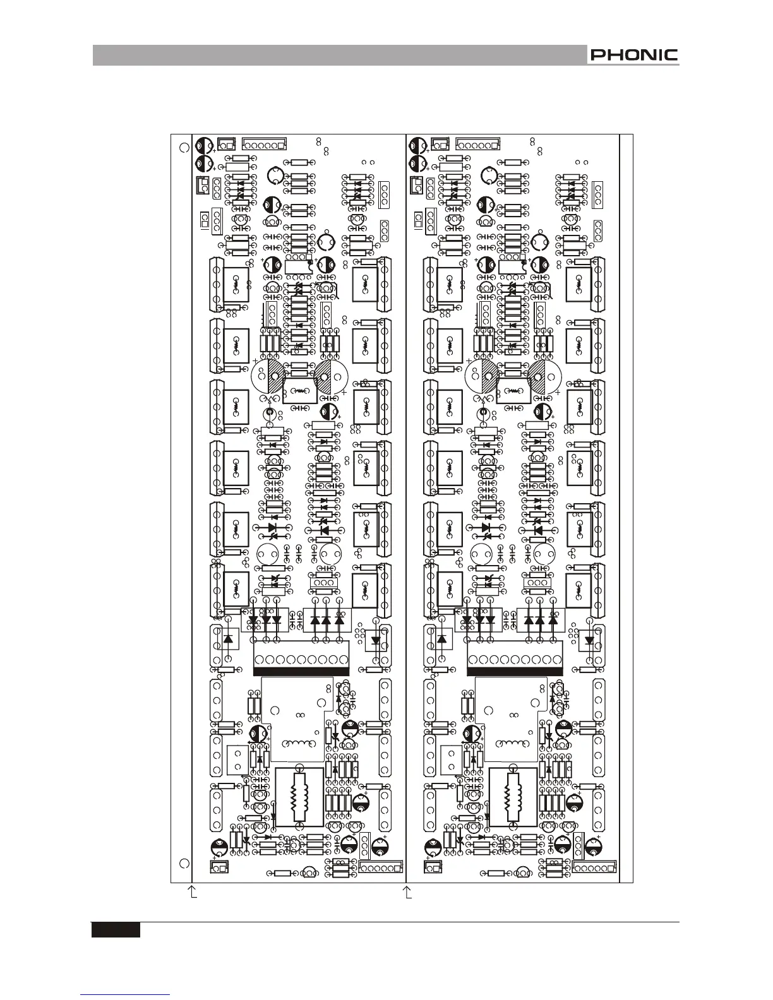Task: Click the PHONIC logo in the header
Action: (x=633, y=56)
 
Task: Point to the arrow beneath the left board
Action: (x=194, y=891)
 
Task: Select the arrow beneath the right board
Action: (x=408, y=891)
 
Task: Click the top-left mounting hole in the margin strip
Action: (x=184, y=147)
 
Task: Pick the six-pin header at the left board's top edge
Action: (x=263, y=145)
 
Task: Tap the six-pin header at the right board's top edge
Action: (x=477, y=145)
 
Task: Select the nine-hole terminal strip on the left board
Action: (x=301, y=660)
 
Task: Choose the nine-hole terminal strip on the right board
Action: (x=514, y=660)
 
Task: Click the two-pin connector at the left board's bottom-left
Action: (x=219, y=868)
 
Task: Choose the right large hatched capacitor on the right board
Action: (x=545, y=378)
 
